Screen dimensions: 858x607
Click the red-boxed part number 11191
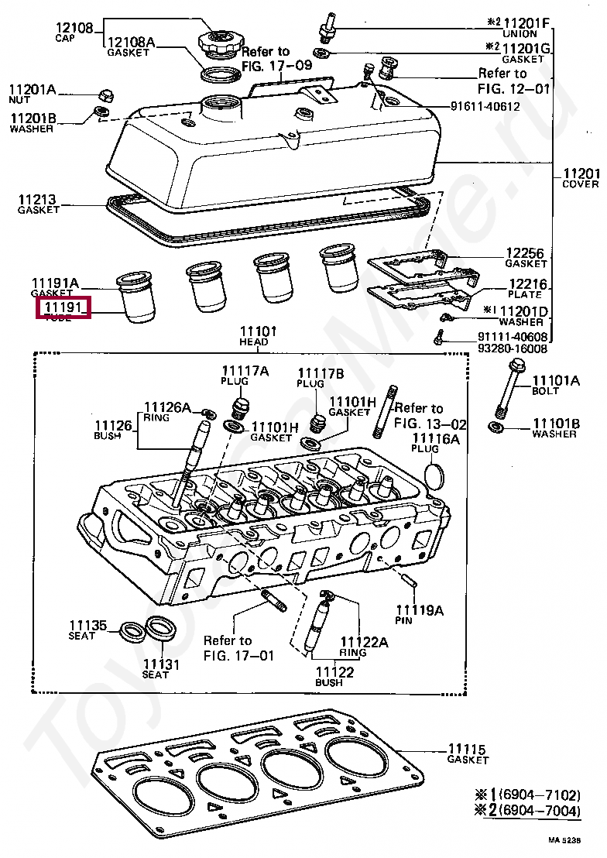point(65,307)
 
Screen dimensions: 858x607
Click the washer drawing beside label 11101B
point(495,427)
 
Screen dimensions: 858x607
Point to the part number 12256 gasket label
point(525,253)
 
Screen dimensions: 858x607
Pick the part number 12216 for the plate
point(526,284)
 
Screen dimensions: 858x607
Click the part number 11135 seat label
point(87,626)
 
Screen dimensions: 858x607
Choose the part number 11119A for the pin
point(419,611)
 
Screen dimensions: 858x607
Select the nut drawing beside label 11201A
point(105,95)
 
